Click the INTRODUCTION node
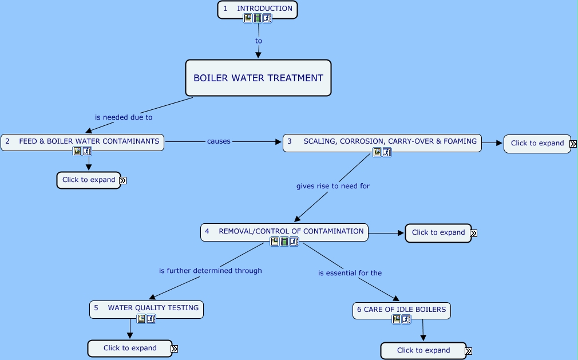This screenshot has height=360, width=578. click(258, 9)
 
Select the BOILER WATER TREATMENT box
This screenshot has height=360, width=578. click(258, 78)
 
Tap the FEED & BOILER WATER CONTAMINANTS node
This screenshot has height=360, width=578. click(82, 141)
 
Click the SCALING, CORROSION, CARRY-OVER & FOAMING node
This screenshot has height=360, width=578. click(382, 141)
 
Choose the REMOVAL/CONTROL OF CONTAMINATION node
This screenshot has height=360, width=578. click(284, 231)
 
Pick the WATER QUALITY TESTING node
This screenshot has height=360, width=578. click(147, 308)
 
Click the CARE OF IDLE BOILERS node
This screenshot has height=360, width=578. click(401, 310)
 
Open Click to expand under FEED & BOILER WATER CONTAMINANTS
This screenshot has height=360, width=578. click(89, 180)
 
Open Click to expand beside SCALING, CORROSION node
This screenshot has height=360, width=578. click(537, 143)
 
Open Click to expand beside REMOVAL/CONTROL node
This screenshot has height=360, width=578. click(438, 232)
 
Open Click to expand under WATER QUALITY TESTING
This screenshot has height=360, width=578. click(130, 348)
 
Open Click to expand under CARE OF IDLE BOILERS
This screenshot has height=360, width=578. click(423, 350)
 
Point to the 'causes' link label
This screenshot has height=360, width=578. click(219, 141)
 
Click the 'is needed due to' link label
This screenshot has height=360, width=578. click(124, 117)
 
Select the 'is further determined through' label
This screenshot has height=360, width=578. click(210, 271)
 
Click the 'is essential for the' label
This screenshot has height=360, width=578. click(350, 273)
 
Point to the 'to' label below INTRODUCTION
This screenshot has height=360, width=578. click(259, 41)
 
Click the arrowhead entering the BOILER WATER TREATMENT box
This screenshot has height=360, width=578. click(258, 56)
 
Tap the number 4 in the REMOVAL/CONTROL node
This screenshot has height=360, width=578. click(207, 231)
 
